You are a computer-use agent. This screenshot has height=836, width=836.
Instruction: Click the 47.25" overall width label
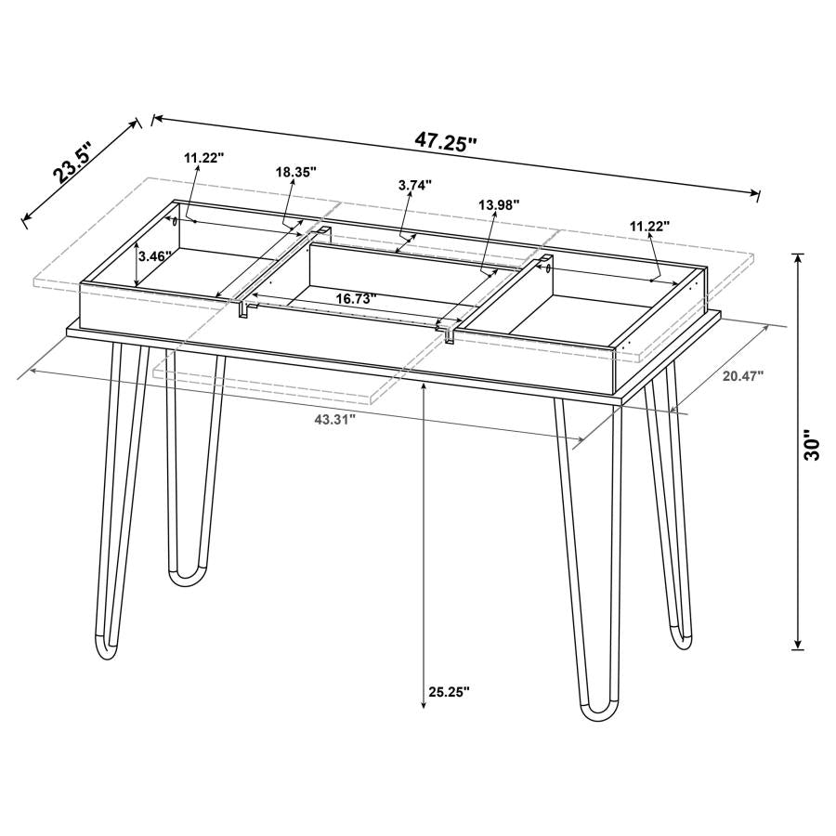point(445,141)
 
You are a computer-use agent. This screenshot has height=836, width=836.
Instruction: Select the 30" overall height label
point(814,445)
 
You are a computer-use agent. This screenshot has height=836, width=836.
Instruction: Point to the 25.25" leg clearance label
point(450,691)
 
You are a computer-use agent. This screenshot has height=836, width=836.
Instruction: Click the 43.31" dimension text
point(334,420)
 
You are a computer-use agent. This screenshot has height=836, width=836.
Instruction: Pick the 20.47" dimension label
point(742,376)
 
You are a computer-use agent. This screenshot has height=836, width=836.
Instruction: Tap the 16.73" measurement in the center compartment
point(356,298)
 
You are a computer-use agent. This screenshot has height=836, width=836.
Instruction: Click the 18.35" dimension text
point(296,172)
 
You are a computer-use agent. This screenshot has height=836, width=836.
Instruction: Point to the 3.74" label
point(415,185)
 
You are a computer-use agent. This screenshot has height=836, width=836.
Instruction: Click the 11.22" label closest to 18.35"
point(203,158)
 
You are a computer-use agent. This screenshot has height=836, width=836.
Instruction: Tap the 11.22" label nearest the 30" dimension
point(649,226)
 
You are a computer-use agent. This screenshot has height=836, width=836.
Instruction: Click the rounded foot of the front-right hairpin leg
point(596,712)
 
